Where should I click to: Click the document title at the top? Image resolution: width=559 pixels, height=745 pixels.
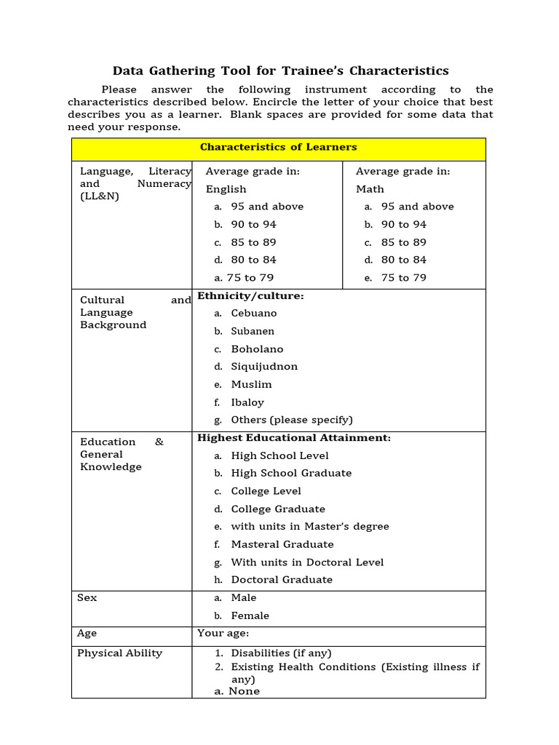pos(280,71)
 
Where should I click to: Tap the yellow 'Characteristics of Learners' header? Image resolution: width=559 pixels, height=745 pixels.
pos(278,147)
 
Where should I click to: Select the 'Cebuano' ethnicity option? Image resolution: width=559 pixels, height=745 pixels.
pos(253,313)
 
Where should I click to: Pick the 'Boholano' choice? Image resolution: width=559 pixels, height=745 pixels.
pos(256,349)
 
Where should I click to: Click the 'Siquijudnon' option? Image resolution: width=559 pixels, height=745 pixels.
pos(263,367)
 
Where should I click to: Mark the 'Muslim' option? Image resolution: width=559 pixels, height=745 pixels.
pos(251,384)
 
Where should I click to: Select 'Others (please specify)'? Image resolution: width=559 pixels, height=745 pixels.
pos(291,420)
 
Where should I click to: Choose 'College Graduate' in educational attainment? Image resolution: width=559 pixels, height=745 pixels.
pos(277,509)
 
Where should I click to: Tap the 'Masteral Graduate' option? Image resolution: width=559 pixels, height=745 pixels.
pos(282,544)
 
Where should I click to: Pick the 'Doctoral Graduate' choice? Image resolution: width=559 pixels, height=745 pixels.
pos(281,580)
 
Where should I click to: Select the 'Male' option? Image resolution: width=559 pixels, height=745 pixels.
pos(243,597)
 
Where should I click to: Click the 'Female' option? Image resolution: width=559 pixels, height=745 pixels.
pos(250,615)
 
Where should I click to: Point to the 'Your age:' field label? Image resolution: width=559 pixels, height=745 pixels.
pos(223,633)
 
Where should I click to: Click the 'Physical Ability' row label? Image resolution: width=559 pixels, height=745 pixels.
pos(119,653)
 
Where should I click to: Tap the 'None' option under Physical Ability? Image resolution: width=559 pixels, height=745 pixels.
pos(243,691)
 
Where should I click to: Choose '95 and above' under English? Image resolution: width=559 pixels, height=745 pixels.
pos(266,207)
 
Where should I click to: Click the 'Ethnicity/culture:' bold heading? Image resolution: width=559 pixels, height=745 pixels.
pos(250,296)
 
